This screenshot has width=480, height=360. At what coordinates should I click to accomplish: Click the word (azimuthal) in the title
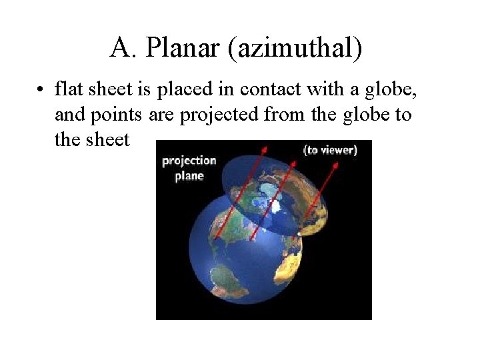295,48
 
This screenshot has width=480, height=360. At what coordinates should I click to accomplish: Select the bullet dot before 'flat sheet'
41,89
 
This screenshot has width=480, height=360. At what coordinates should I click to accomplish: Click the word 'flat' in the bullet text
67,88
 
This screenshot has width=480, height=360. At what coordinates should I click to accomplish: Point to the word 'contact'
278,88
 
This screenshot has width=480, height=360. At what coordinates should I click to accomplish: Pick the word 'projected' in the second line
219,114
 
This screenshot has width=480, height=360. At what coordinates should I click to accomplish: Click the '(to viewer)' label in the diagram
331,150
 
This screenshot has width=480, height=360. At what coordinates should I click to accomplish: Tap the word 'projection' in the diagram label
189,161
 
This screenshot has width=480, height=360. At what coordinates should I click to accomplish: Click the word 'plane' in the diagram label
189,176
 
